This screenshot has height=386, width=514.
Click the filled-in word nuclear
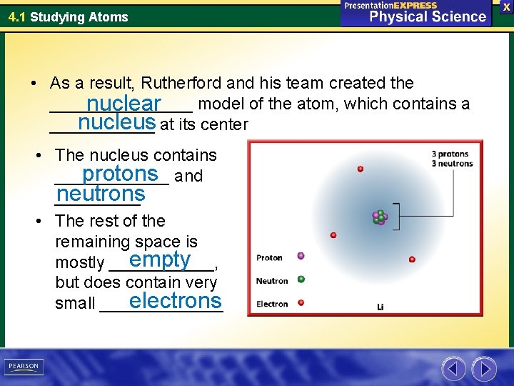(124, 104)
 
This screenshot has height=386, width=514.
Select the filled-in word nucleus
(117, 123)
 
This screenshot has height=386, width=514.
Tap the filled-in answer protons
(119, 174)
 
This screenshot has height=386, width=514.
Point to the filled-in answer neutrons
(101, 194)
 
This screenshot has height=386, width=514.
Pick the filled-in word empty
(160, 259)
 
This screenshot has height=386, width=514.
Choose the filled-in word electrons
(176, 300)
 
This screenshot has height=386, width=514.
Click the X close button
(505, 6)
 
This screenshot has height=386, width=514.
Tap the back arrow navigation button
(453, 368)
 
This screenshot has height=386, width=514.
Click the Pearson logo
(24, 367)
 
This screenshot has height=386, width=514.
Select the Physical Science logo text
(427, 16)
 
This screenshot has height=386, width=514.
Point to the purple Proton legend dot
(301, 256)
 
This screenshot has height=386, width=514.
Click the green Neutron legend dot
(301, 279)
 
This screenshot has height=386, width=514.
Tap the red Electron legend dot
(301, 303)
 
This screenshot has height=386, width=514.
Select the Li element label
(381, 306)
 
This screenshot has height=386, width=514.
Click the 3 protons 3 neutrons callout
(452, 159)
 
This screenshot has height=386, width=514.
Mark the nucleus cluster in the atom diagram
(380, 217)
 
